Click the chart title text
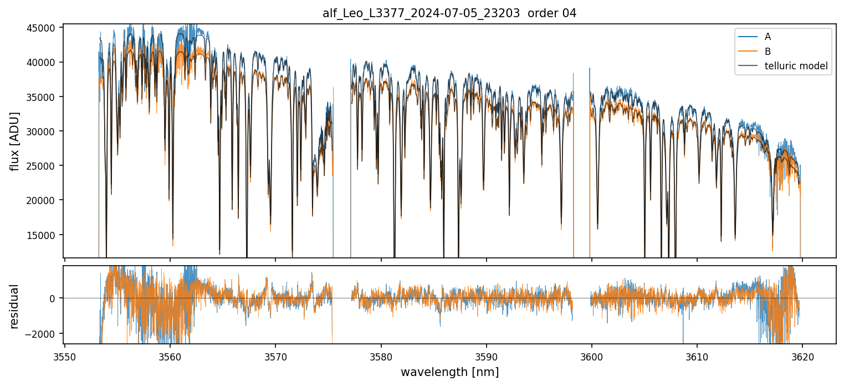(449, 13)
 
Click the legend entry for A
(768, 37)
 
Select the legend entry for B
(768, 52)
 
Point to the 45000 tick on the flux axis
(43, 28)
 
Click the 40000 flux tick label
(43, 62)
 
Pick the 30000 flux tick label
(43, 131)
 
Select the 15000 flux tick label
(43, 235)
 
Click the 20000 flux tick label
(43, 200)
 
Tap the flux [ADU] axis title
(15, 141)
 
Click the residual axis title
(15, 306)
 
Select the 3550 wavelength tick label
(65, 356)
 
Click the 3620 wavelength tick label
(802, 356)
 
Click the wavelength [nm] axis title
(449, 372)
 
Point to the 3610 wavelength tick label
(697, 356)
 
